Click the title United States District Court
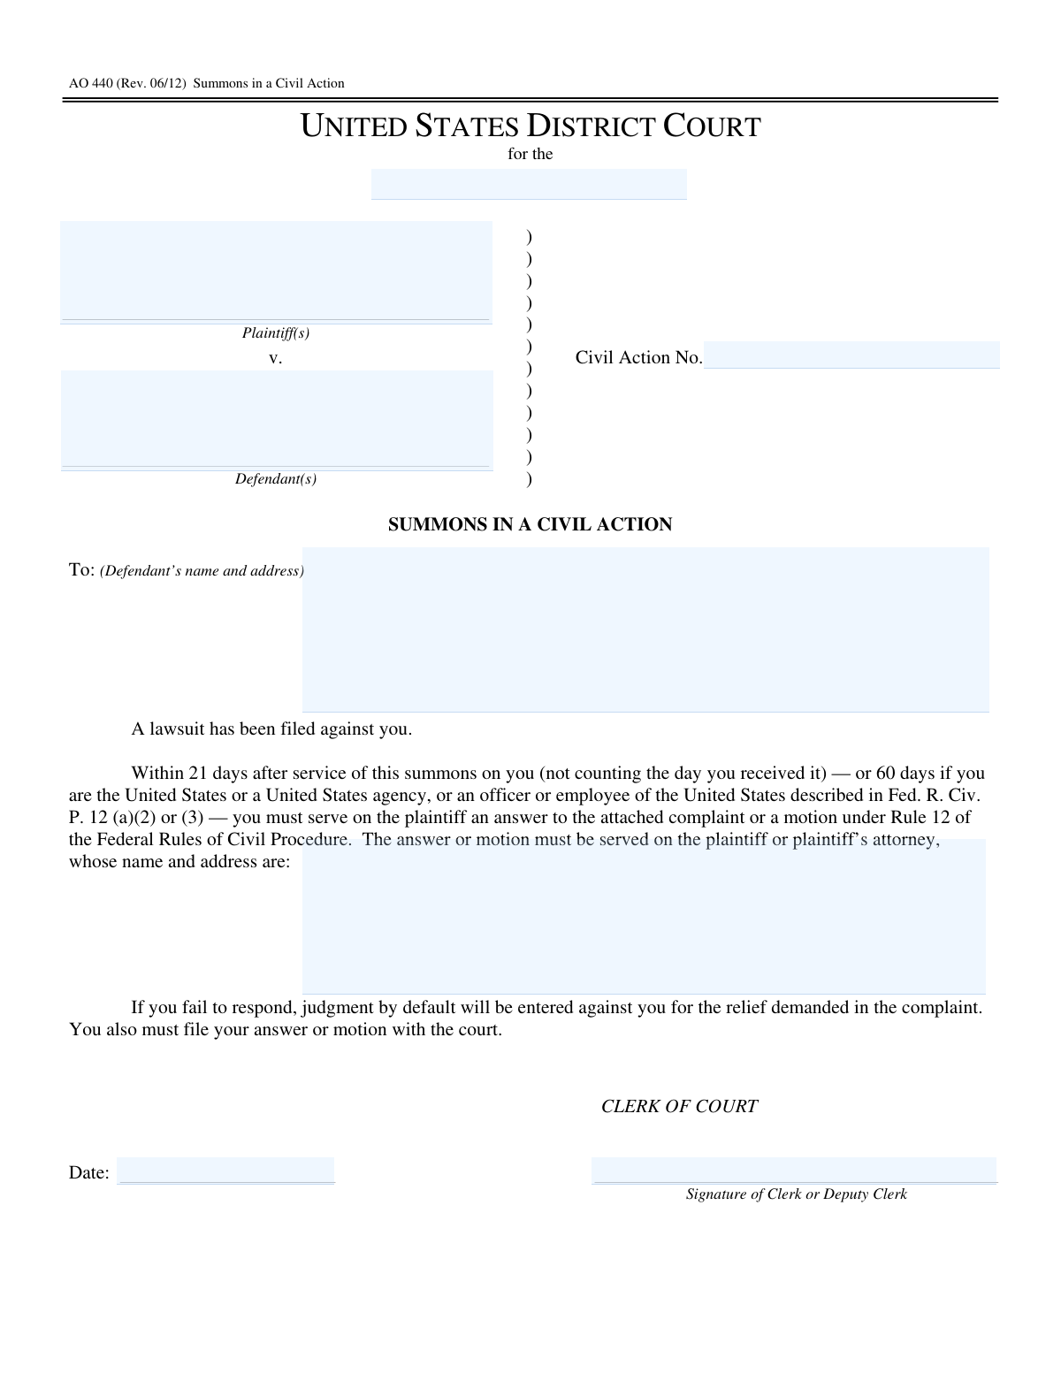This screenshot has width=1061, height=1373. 530,126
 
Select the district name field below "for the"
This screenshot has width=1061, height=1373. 529,184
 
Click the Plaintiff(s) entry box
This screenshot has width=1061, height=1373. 276,271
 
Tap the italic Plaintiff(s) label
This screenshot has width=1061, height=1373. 276,333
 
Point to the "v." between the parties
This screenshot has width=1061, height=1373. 275,358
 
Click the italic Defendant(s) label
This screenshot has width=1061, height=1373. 276,479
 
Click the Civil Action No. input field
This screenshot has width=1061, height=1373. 851,355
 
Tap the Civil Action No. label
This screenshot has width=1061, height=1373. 638,357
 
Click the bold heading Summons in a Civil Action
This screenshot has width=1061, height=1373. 530,524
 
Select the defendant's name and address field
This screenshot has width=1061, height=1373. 645,629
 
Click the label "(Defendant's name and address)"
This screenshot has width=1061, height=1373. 202,571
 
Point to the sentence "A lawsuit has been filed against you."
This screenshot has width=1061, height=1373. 271,729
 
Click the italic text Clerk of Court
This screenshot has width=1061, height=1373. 679,1107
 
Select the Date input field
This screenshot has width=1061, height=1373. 225,1171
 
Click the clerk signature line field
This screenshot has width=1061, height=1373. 793,1171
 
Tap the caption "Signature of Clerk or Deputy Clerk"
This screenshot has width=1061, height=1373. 796,1194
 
